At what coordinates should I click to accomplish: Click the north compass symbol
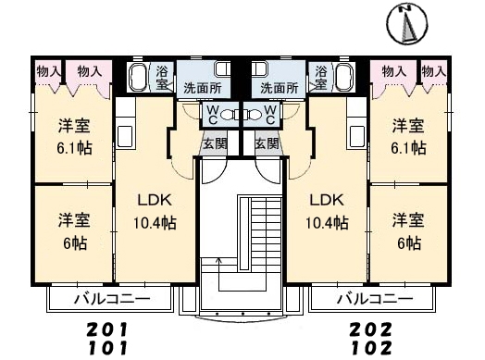[x=407, y=23]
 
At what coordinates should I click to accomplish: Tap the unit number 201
[x=106, y=329]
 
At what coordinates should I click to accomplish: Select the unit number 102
[x=371, y=348]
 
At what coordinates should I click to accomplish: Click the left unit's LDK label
[x=155, y=201]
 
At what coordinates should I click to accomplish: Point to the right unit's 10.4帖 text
[x=327, y=223]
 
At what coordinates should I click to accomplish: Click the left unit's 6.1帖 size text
[x=74, y=148]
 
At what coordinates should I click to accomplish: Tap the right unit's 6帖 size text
[x=409, y=243]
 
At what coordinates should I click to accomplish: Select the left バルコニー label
[x=112, y=299]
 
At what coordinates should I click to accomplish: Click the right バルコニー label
[x=375, y=299]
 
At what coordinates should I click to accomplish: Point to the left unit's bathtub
[x=138, y=78]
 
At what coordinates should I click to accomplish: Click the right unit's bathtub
[x=344, y=78]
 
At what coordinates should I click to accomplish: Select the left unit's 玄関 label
[x=215, y=143]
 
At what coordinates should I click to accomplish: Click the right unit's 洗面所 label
[x=279, y=89]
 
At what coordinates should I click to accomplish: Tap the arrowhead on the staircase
[x=219, y=259]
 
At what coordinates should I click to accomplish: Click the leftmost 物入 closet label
[x=48, y=72]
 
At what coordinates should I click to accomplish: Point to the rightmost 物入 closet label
[x=434, y=72]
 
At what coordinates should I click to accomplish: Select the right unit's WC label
[x=270, y=115]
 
